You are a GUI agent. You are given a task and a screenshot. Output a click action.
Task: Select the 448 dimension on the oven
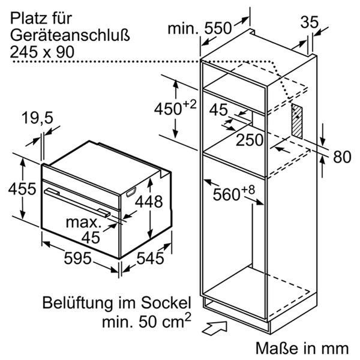148,203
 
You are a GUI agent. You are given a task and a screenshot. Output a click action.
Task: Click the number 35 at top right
310,22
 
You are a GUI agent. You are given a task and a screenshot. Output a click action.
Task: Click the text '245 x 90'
42,52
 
